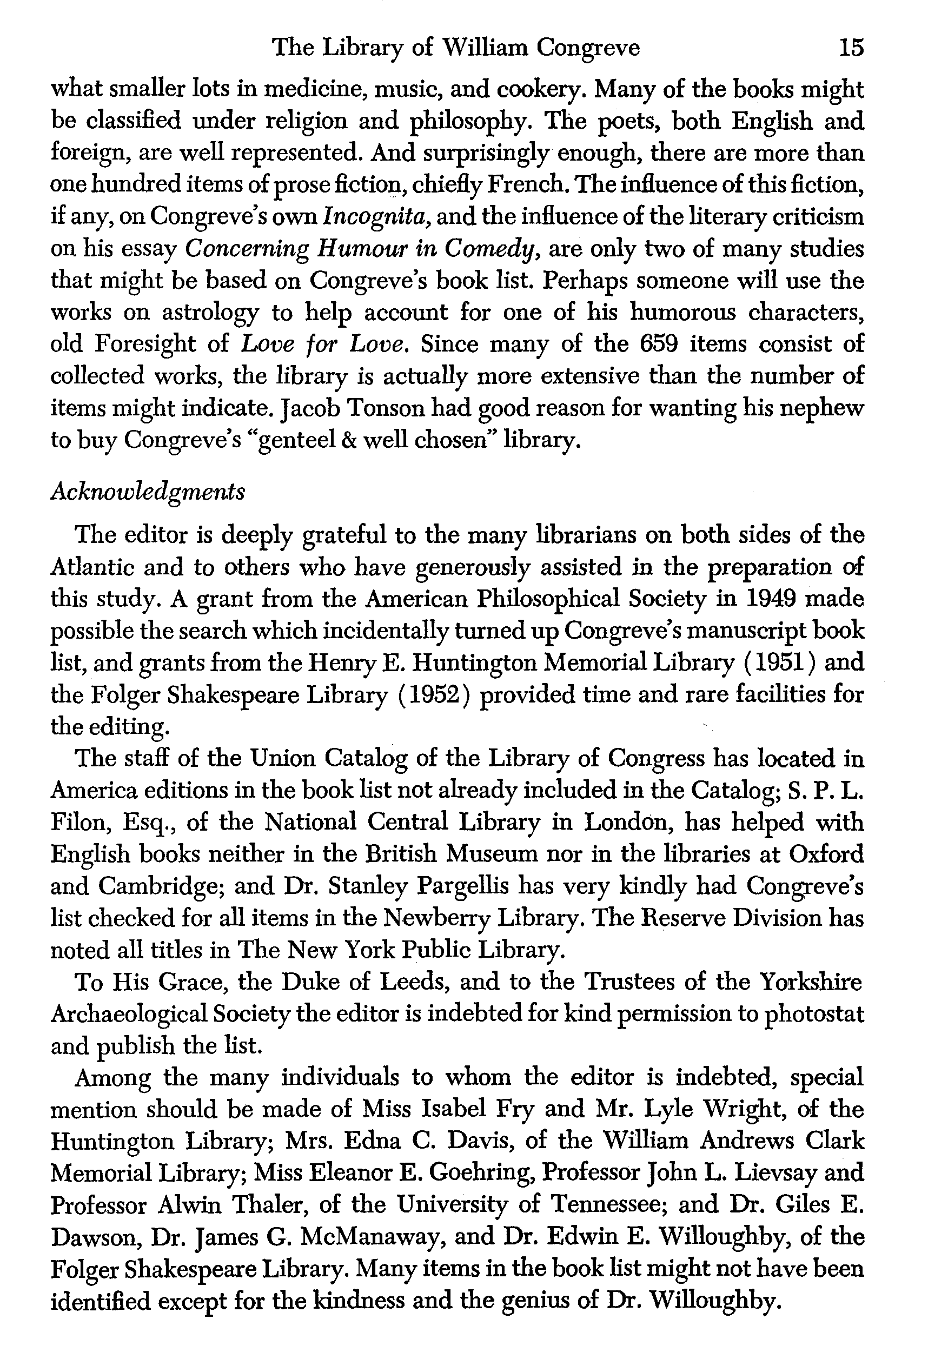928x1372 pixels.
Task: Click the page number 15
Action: [851, 47]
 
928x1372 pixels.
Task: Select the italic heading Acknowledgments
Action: [148, 491]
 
